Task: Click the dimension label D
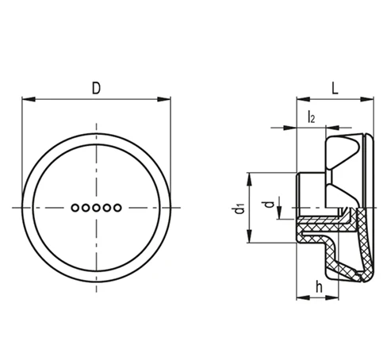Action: [x=96, y=88]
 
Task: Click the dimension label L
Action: [x=335, y=88]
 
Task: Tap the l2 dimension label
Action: [x=312, y=117]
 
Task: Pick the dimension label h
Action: [x=319, y=286]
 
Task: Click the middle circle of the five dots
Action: [x=96, y=208]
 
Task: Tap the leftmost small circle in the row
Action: [x=75, y=208]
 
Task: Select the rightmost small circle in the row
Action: [x=117, y=208]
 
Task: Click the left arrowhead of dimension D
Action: [x=29, y=99]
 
